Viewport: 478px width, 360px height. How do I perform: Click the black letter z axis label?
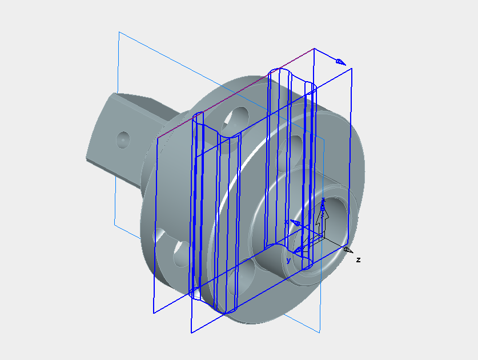click(358, 260)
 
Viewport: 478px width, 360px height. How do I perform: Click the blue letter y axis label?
click(288, 261)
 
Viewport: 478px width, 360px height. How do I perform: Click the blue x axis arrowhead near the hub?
click(295, 223)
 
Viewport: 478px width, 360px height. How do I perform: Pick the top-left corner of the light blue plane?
click(119, 32)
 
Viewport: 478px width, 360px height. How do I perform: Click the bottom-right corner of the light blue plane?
click(320, 332)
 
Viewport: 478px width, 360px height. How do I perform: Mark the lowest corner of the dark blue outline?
click(191, 332)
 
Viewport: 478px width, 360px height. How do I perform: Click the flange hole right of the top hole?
click(296, 143)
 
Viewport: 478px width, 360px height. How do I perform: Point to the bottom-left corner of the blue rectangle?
click(154, 313)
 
